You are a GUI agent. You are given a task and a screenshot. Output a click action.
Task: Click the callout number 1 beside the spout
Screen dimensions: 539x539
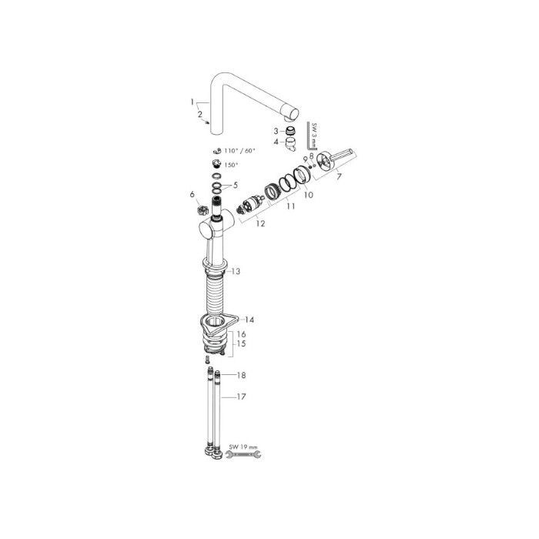click(x=192, y=102)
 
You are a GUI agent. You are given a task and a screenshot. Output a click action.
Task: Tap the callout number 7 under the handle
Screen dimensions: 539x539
click(x=340, y=176)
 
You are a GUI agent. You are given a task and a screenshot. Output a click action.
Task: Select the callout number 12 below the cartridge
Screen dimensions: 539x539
click(x=260, y=223)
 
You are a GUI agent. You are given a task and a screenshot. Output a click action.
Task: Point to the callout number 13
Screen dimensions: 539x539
click(x=236, y=272)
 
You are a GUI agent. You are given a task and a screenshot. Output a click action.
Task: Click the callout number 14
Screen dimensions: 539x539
click(x=249, y=320)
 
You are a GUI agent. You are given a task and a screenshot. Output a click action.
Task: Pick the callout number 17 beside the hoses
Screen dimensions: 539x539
click(x=241, y=397)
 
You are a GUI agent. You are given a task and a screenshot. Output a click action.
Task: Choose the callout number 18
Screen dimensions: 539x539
click(x=241, y=375)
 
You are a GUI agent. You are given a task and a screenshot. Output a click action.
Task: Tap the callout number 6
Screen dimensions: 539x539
click(x=192, y=195)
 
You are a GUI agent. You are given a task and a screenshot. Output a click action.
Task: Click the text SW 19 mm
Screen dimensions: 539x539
click(x=243, y=447)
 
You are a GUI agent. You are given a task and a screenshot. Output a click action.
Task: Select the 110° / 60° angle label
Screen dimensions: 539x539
click(x=240, y=151)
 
